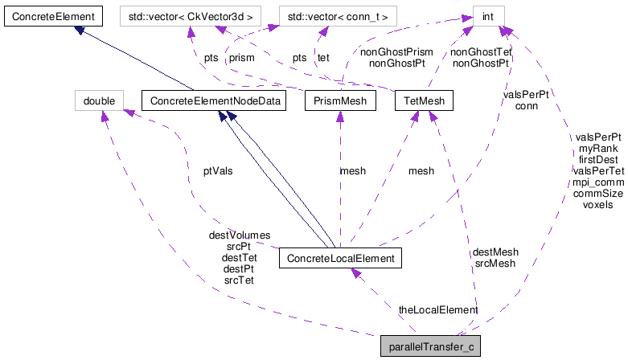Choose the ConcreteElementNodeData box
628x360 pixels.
point(212,100)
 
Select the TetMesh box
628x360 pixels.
point(424,100)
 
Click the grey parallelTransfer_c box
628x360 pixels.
point(431,347)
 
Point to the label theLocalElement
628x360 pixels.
point(438,309)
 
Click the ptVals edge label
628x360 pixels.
point(218,171)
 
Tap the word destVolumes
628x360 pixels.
point(240,235)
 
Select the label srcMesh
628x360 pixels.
point(495,263)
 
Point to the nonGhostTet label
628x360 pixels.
point(481,51)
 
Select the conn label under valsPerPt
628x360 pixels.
point(527,105)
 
